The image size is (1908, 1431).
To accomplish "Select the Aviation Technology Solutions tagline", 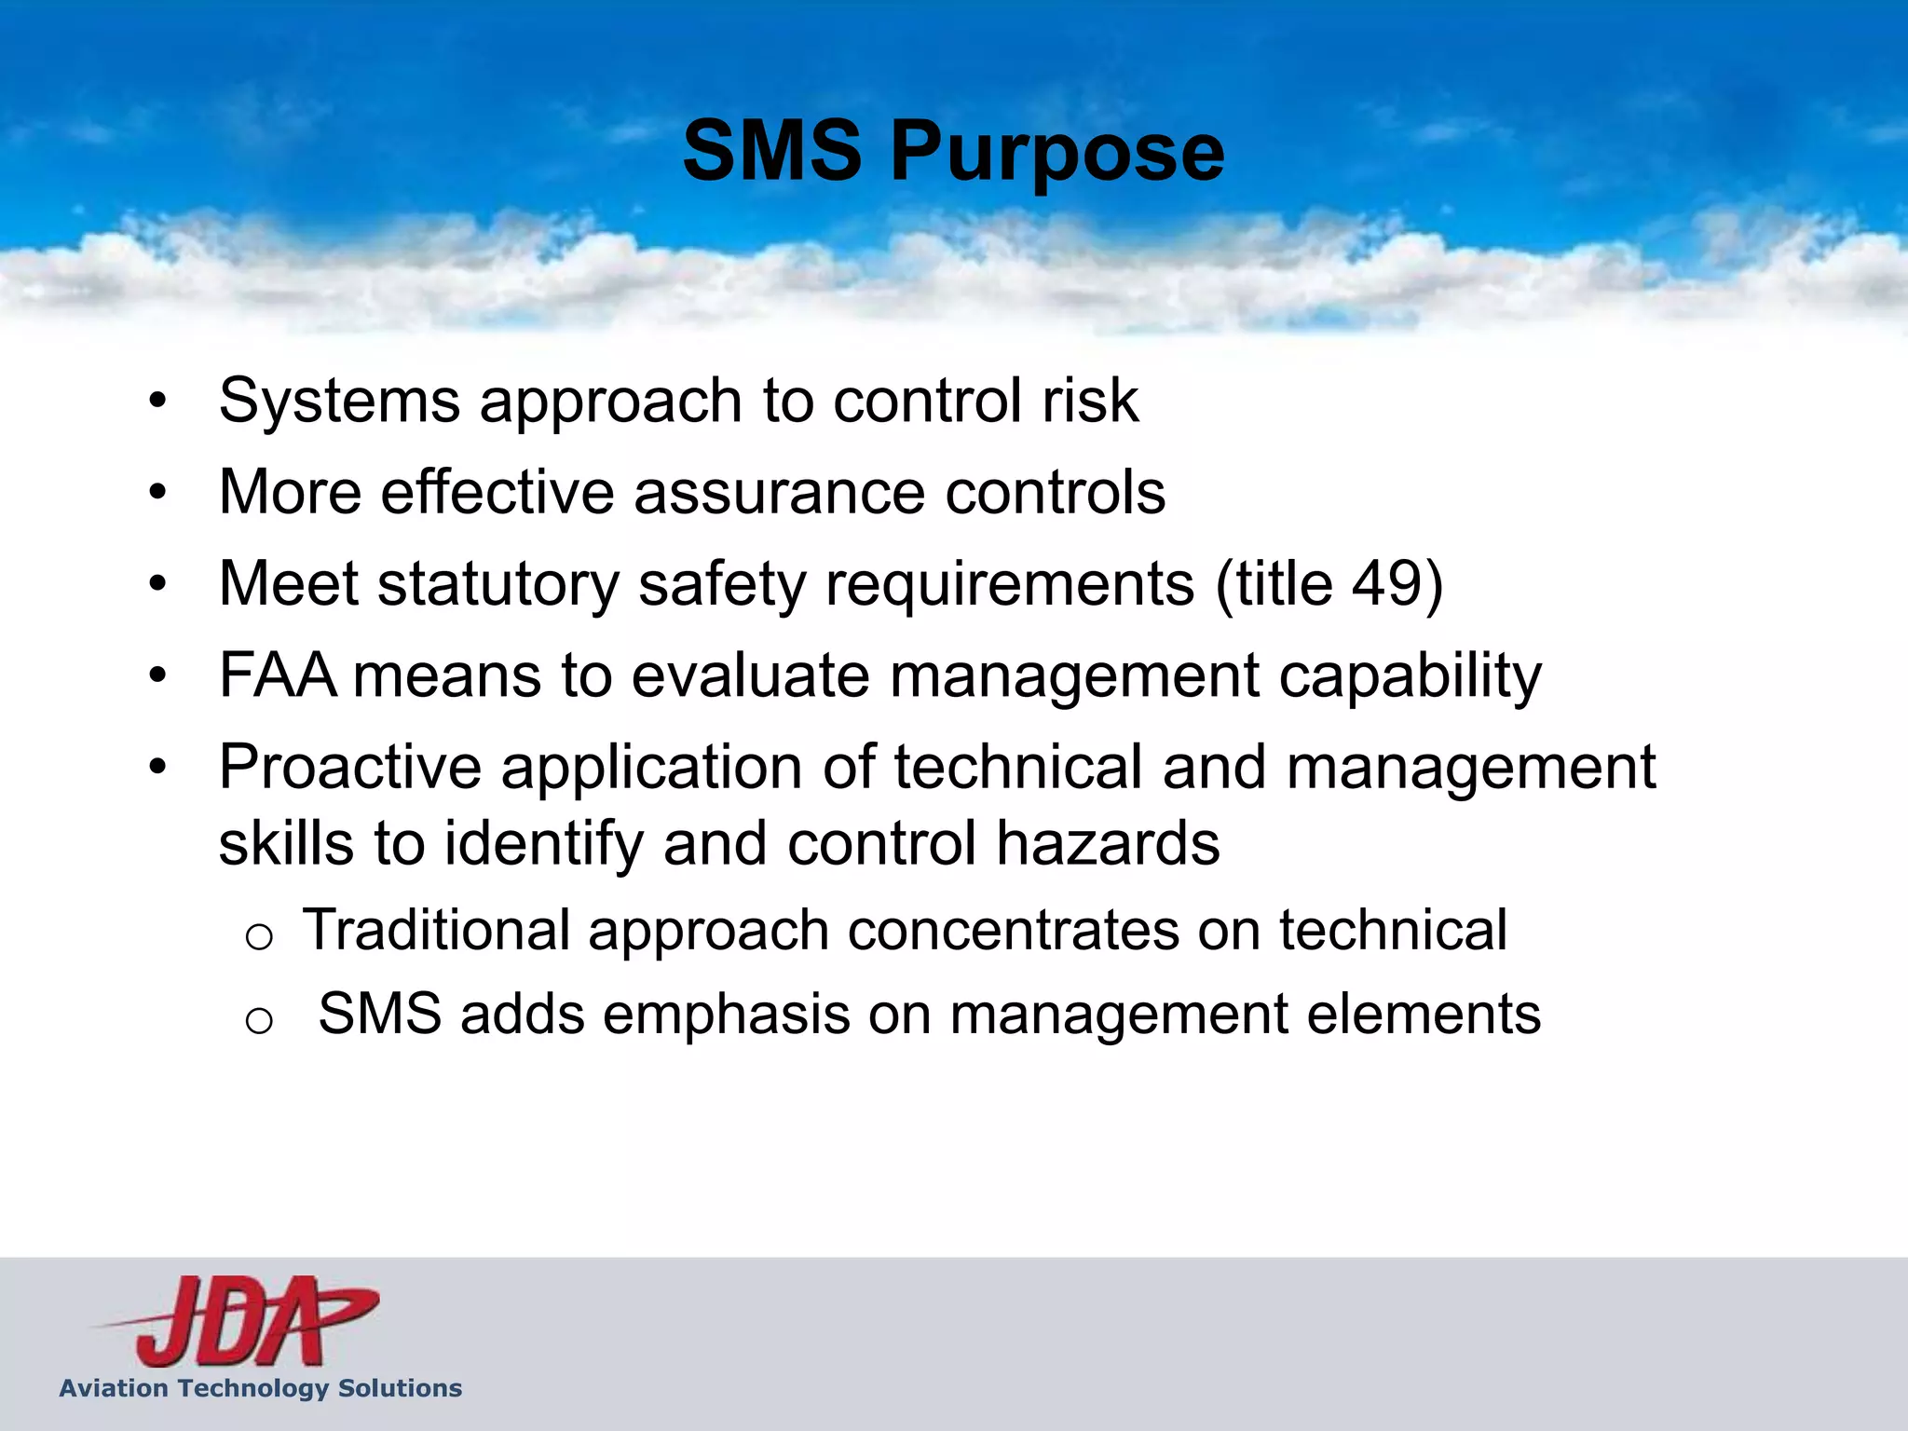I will [261, 1388].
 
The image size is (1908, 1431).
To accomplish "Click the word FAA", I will [278, 675].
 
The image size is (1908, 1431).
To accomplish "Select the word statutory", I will [498, 584].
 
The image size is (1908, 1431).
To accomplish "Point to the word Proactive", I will [350, 768].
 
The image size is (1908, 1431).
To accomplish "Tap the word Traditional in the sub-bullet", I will [436, 931].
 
